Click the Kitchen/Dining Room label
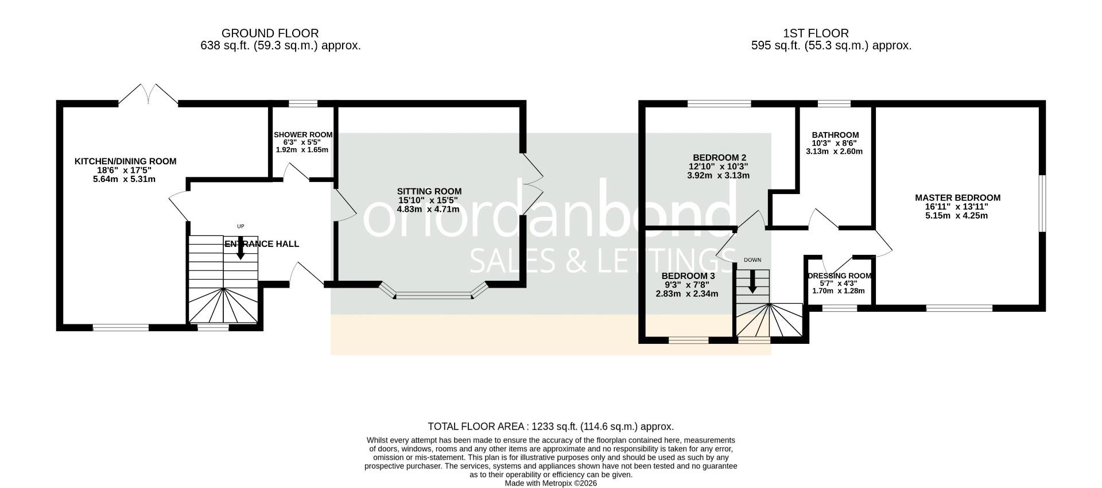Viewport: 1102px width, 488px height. (x=125, y=161)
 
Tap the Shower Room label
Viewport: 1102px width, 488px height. (x=303, y=134)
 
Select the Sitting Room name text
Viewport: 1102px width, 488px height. (x=429, y=191)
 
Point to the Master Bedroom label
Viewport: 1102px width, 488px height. (x=957, y=197)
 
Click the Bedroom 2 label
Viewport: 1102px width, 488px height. (x=719, y=157)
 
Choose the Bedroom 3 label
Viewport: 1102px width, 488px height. (x=688, y=276)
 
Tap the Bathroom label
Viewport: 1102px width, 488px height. (x=835, y=135)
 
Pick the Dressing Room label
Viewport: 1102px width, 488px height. (x=839, y=276)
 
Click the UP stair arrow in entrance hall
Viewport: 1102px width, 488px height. (x=240, y=248)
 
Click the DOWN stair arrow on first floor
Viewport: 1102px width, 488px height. (x=752, y=281)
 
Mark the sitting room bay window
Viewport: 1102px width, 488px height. (x=433, y=292)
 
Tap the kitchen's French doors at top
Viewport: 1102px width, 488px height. (x=149, y=94)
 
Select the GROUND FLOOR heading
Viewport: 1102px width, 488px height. (x=270, y=33)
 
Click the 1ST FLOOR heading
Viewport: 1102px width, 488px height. (x=816, y=33)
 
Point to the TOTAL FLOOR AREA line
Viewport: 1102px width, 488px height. (x=550, y=427)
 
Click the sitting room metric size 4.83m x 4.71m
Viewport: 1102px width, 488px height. (x=429, y=209)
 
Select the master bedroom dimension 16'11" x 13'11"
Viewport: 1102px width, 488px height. (x=957, y=207)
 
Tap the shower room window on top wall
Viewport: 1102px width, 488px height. (x=303, y=104)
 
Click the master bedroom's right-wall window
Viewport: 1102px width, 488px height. (x=1042, y=204)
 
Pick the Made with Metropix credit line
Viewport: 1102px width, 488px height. (x=551, y=483)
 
